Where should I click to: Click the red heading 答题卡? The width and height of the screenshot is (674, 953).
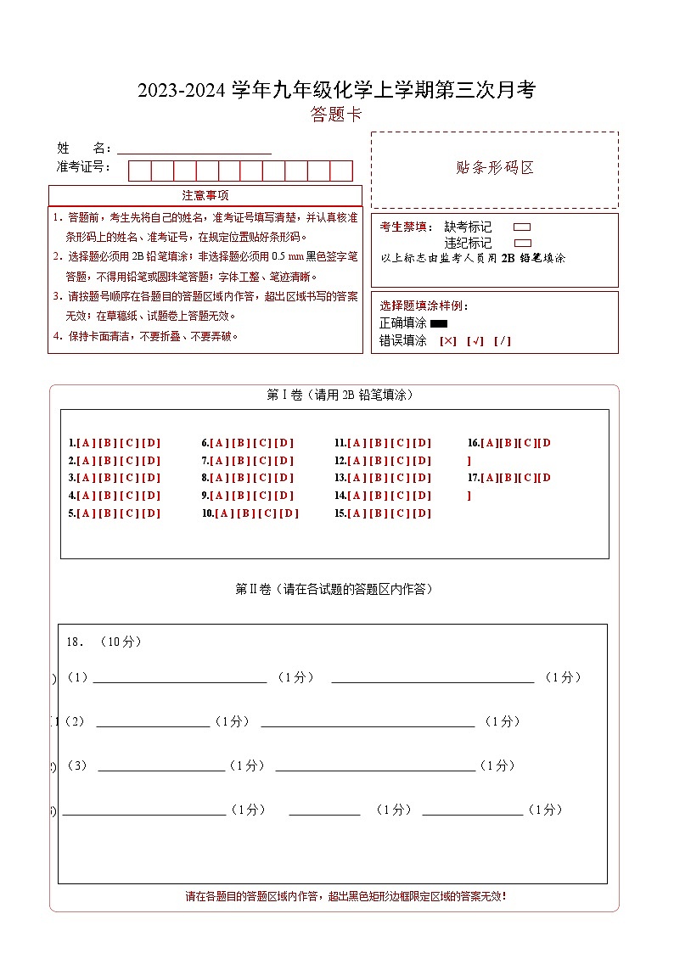click(x=337, y=115)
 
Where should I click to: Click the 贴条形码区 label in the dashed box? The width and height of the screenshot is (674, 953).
click(x=495, y=167)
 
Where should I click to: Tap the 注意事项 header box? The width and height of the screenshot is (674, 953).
click(x=205, y=195)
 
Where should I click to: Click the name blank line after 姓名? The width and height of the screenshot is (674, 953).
click(x=194, y=149)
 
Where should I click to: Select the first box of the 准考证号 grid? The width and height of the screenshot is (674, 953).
click(x=139, y=171)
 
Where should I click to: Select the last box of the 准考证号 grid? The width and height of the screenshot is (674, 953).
click(x=341, y=171)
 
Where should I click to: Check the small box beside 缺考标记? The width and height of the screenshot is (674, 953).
click(x=523, y=227)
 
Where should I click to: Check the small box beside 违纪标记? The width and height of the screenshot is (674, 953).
click(x=523, y=243)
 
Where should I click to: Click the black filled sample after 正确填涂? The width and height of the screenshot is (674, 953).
click(x=439, y=323)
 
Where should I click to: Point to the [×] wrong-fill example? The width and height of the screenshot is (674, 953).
click(x=448, y=341)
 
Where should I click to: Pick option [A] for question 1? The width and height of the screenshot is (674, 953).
click(x=86, y=443)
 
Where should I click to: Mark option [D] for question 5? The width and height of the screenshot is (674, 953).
click(x=151, y=513)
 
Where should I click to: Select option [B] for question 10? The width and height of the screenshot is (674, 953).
click(x=245, y=513)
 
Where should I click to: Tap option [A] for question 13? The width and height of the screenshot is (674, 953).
click(x=357, y=479)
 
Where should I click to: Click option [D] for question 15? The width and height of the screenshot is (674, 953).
click(x=422, y=513)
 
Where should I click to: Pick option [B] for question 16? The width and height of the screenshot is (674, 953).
click(x=509, y=443)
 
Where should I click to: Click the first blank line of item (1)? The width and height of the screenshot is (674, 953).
click(x=179, y=678)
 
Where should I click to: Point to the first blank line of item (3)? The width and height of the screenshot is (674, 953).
click(x=161, y=766)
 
